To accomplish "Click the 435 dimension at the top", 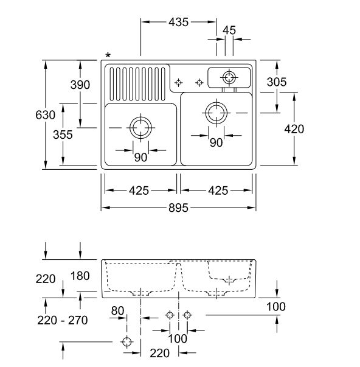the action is (178, 23).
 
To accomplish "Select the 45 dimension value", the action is (229, 30).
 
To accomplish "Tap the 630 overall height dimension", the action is (46, 115).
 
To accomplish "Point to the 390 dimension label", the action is (80, 85).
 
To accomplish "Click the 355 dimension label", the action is (63, 135).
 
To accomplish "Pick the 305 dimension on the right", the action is (277, 82).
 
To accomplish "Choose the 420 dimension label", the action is (294, 129).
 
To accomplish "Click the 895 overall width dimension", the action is (178, 208).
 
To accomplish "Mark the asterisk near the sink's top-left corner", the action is (108, 56).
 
